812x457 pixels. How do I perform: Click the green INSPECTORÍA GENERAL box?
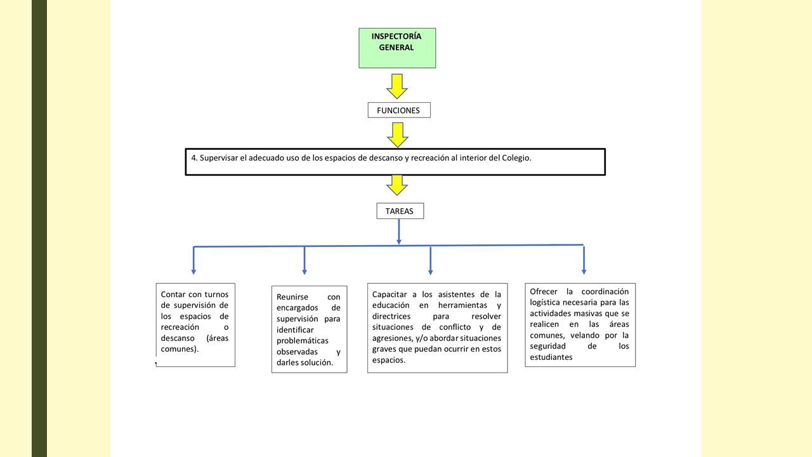pyautogui.click(x=397, y=48)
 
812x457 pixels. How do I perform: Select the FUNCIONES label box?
pyautogui.click(x=399, y=110)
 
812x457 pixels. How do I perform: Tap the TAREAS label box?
pyautogui.click(x=400, y=211)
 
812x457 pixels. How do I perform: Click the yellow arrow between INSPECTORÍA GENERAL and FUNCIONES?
pyautogui.click(x=397, y=86)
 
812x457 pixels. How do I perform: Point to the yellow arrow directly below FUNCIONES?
pyautogui.click(x=398, y=135)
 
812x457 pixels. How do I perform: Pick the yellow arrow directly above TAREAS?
pyautogui.click(x=397, y=185)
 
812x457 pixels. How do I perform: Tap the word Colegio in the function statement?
pyautogui.click(x=516, y=158)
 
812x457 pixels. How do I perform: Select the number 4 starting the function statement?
pyautogui.click(x=194, y=158)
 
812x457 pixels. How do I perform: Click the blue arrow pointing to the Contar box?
pyautogui.click(x=193, y=260)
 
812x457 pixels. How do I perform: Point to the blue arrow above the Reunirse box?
pyautogui.click(x=304, y=260)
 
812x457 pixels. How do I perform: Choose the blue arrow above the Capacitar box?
pyautogui.click(x=430, y=260)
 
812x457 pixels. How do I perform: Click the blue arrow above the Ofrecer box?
pyautogui.click(x=584, y=260)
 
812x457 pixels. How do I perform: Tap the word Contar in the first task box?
pyautogui.click(x=173, y=294)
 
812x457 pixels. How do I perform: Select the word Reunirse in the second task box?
pyautogui.click(x=292, y=296)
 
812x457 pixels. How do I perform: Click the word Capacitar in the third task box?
pyautogui.click(x=390, y=295)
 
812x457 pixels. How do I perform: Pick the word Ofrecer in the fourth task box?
pyautogui.click(x=544, y=291)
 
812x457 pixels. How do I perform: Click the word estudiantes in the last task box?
pyautogui.click(x=551, y=357)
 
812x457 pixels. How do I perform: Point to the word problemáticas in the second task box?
pyautogui.click(x=303, y=341)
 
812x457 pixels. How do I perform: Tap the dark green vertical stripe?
pyautogui.click(x=39, y=228)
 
